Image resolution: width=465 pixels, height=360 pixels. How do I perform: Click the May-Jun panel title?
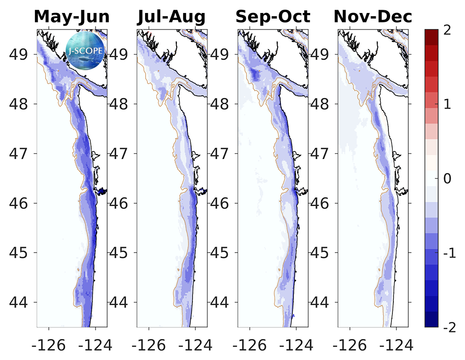tap(72, 17)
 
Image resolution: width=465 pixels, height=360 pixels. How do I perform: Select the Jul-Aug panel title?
tap(171, 17)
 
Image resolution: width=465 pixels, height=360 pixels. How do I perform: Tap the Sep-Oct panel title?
tap(272, 17)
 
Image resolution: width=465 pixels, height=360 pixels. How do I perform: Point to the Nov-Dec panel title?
tap(373, 17)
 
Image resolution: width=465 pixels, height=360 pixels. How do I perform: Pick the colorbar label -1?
tap(447, 253)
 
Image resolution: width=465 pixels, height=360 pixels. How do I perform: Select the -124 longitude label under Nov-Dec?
tap(396, 345)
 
